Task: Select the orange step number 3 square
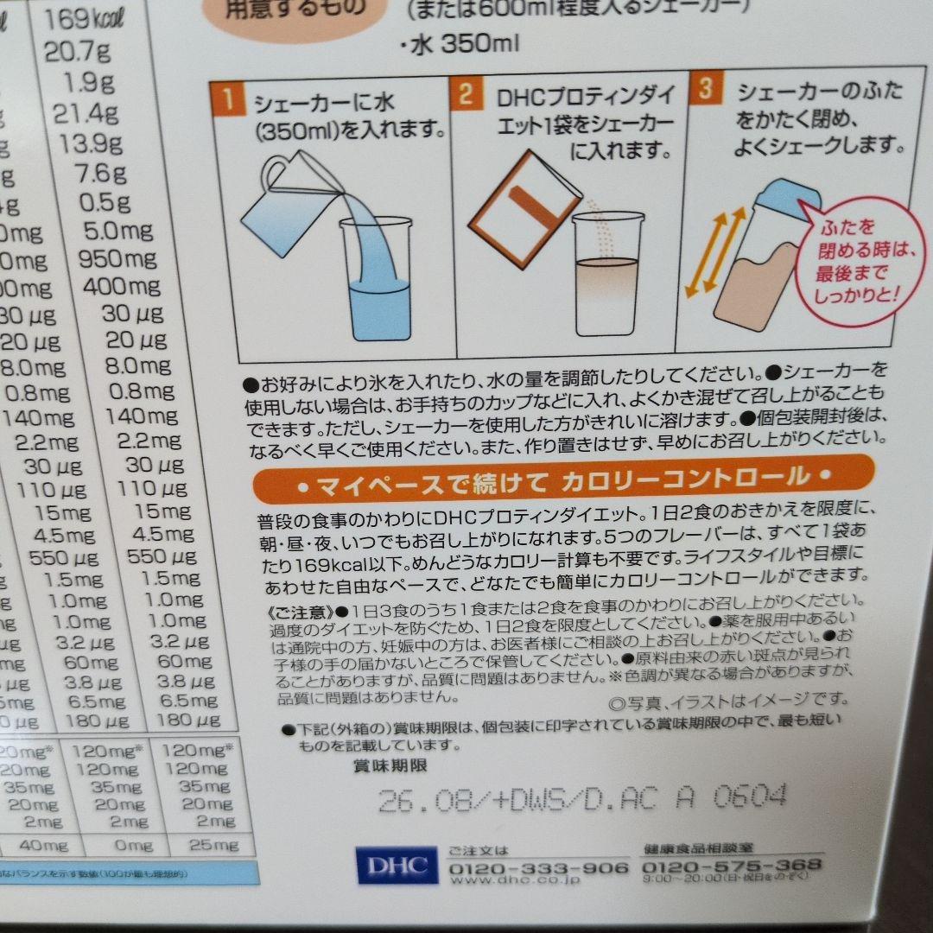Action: (x=706, y=89)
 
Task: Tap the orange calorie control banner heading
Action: (x=564, y=478)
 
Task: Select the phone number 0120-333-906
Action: (x=539, y=866)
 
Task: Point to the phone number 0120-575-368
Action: (x=733, y=865)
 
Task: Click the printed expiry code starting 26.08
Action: (x=582, y=797)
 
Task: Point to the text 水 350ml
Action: (x=462, y=42)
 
